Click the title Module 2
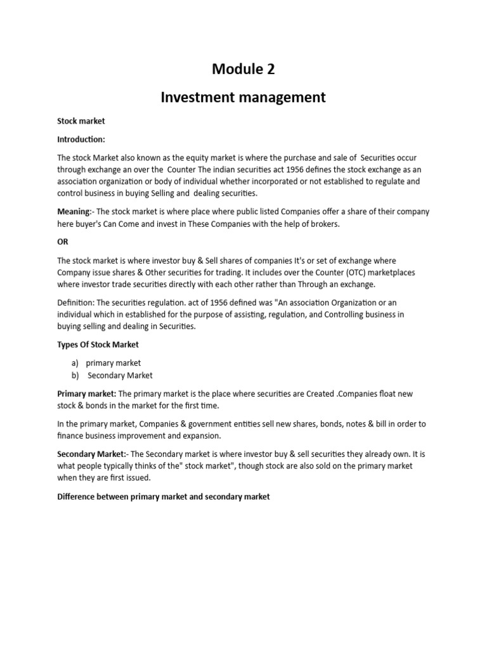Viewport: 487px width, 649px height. click(243, 69)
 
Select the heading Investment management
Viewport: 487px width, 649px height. click(243, 97)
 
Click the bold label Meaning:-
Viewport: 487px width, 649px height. click(75, 212)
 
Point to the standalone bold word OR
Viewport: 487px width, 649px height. click(63, 242)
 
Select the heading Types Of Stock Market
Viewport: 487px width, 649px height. click(98, 345)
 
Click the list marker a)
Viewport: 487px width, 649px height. click(75, 363)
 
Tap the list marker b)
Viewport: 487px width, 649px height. click(75, 375)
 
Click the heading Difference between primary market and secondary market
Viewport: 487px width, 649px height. click(163, 497)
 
